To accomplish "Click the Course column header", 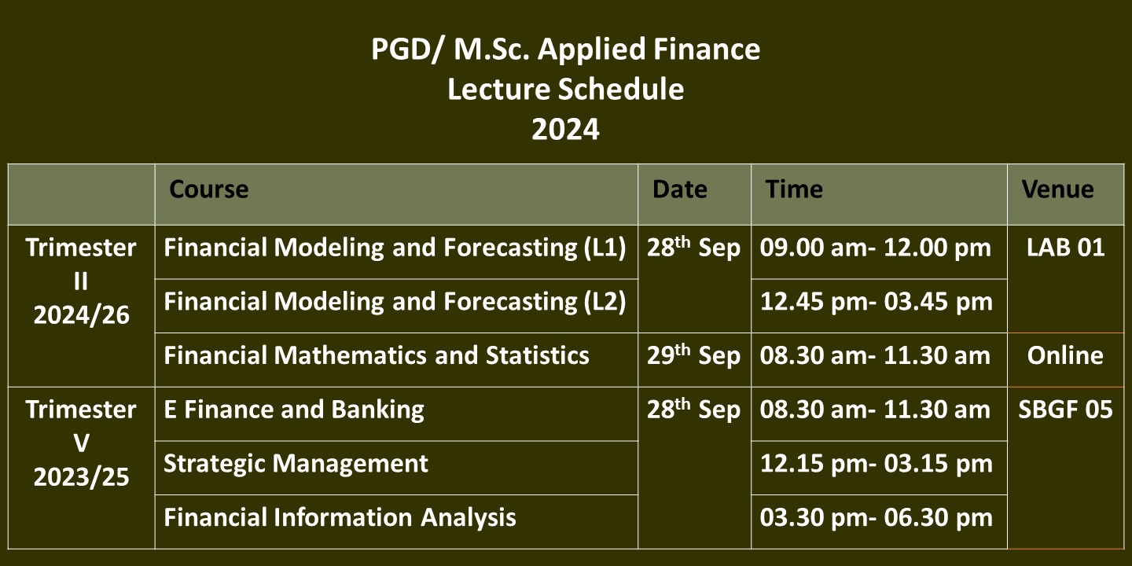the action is coord(209,189).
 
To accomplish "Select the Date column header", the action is coord(680,189).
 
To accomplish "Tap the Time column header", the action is coord(794,189).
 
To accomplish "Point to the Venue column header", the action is coord(1058,189).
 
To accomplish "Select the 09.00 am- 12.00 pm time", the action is coord(875,248).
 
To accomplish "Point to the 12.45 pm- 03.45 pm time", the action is coord(877,302).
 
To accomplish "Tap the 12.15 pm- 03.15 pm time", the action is coord(877,464).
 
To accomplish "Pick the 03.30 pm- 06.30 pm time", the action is coord(877,518).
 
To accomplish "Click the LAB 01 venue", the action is coord(1065,248).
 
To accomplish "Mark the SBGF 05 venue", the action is coord(1065,410).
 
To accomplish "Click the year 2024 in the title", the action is coord(565,130).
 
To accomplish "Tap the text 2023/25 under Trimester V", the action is coord(82,477).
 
